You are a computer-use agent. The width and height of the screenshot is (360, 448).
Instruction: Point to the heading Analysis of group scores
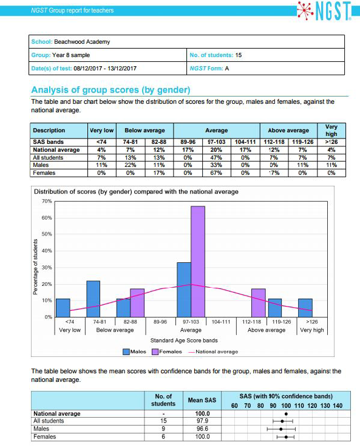tap(110, 90)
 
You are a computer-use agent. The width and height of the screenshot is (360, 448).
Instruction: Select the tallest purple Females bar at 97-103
tap(198, 261)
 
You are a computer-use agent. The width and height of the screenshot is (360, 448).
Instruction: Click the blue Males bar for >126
tap(305, 308)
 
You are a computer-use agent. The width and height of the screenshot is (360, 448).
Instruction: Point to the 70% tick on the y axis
tap(47, 200)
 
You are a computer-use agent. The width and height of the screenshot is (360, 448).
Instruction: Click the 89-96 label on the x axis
tap(160, 322)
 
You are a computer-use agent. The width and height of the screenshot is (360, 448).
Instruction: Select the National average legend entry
tap(212, 351)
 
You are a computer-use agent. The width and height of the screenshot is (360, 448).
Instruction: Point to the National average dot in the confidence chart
tap(286, 413)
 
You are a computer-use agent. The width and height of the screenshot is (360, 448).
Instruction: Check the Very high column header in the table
tap(331, 130)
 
